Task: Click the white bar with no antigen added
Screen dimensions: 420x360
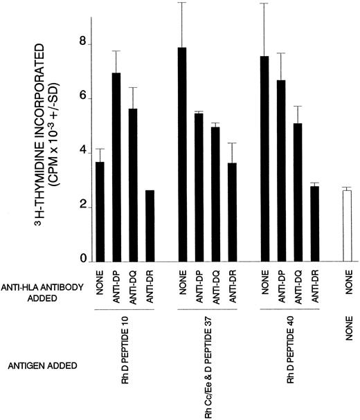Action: (347, 226)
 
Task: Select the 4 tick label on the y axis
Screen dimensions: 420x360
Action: (83, 152)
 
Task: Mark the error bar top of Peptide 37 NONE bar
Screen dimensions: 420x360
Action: (182, 3)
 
